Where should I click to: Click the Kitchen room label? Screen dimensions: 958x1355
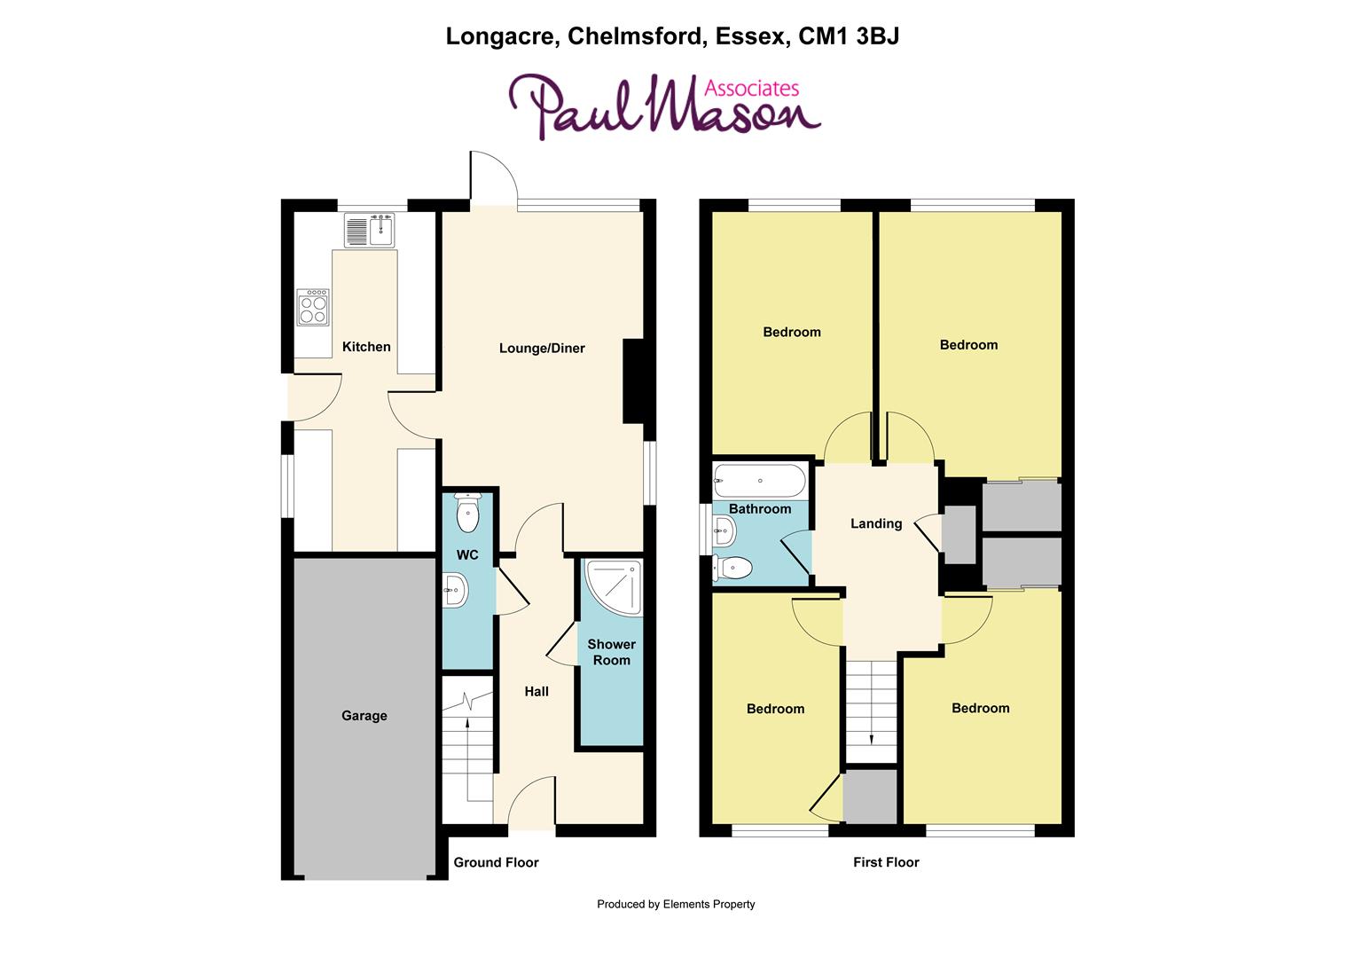click(366, 347)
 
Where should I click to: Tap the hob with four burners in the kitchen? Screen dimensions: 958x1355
click(313, 307)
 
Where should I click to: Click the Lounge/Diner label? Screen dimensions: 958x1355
click(542, 349)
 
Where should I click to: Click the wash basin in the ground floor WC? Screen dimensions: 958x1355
click(456, 588)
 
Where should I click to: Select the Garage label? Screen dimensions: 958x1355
click(364, 716)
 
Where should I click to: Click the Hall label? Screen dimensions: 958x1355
click(537, 692)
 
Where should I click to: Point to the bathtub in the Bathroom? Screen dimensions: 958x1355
click(760, 482)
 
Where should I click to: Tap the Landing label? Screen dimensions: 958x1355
click(876, 524)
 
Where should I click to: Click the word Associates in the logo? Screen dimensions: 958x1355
click(751, 88)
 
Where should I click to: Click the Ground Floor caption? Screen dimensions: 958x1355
click(496, 862)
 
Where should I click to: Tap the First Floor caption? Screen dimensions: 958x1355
click(886, 862)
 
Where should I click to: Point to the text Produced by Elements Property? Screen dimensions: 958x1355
click(676, 905)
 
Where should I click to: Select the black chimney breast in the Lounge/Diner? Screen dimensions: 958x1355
click(634, 381)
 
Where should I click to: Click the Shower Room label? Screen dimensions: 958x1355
click(611, 652)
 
